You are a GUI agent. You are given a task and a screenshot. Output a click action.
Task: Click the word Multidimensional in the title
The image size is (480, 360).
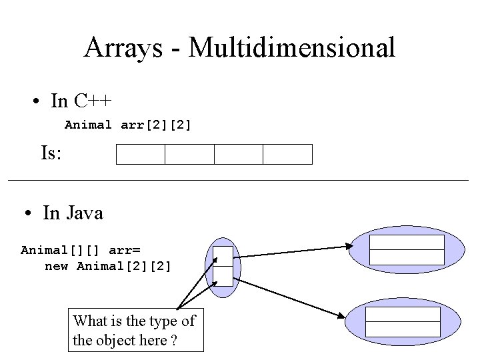click(x=292, y=47)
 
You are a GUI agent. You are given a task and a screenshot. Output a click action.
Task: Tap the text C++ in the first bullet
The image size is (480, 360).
click(x=93, y=101)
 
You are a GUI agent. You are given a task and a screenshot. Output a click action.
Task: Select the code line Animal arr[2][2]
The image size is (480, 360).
click(x=128, y=125)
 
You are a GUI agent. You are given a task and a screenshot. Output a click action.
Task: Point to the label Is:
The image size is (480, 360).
click(x=51, y=153)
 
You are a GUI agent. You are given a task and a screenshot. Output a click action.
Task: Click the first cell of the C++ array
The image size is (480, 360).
click(x=141, y=154)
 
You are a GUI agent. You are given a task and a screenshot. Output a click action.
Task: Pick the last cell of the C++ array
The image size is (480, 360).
click(x=287, y=154)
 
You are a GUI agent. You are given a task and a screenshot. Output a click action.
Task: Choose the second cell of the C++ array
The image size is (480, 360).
click(x=189, y=154)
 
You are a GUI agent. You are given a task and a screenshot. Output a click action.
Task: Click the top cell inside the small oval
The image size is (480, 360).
click(x=223, y=256)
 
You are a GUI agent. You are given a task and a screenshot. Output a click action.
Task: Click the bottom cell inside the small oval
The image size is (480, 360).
click(x=223, y=276)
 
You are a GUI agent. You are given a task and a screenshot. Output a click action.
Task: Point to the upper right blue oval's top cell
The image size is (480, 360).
click(x=407, y=242)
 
